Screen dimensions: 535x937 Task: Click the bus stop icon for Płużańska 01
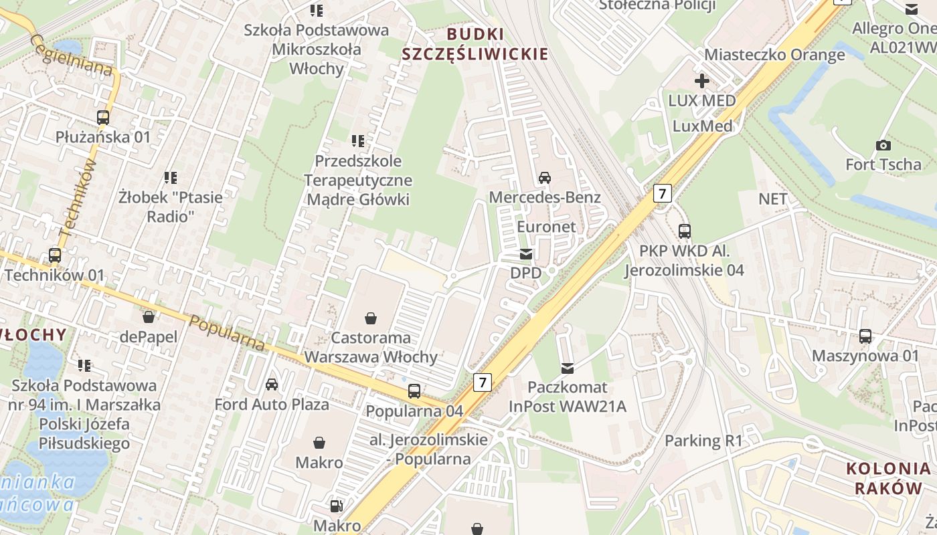(102, 118)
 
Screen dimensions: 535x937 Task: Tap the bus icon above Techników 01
(55, 255)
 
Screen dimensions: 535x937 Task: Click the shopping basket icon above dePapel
(148, 317)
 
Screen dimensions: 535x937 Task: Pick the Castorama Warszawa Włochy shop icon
(371, 318)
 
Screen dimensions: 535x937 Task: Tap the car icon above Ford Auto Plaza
(272, 385)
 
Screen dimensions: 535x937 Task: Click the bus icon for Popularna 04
(414, 392)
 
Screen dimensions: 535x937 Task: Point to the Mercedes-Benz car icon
(545, 178)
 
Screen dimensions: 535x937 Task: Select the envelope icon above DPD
(526, 254)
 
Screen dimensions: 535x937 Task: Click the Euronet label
(546, 227)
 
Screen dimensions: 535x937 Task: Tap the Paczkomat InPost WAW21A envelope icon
(568, 368)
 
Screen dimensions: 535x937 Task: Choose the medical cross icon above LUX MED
(701, 82)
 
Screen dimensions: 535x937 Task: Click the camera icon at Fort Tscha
(883, 145)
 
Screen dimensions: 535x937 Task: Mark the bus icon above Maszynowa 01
(865, 336)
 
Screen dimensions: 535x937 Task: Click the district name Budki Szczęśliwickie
(475, 44)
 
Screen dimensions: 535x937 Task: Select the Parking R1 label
(703, 441)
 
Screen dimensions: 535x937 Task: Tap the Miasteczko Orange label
(774, 55)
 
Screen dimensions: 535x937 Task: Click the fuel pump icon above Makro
(337, 507)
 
